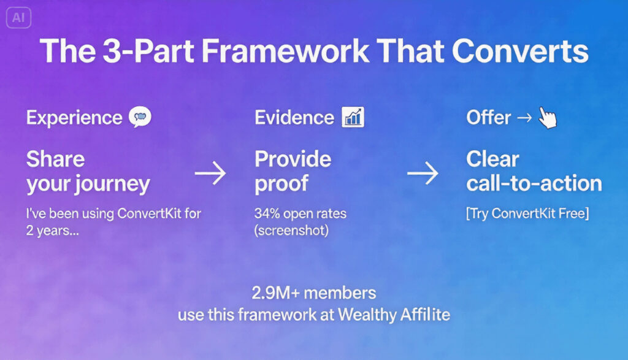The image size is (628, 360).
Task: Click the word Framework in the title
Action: tap(286, 52)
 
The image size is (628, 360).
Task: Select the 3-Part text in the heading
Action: tap(144, 52)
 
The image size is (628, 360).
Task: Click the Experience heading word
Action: tap(74, 117)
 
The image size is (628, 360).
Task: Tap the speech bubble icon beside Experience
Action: tap(140, 117)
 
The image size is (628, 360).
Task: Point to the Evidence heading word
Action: tap(294, 117)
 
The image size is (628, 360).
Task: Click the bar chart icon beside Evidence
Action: tap(353, 117)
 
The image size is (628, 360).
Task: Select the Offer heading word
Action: tap(488, 117)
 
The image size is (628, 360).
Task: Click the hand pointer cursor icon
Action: tap(547, 117)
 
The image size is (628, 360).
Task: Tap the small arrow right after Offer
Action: tap(524, 118)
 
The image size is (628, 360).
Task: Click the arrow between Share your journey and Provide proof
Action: tap(210, 174)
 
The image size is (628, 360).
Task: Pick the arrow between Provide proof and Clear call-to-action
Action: tap(423, 174)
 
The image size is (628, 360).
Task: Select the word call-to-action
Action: tap(534, 183)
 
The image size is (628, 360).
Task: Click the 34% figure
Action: tap(267, 214)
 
